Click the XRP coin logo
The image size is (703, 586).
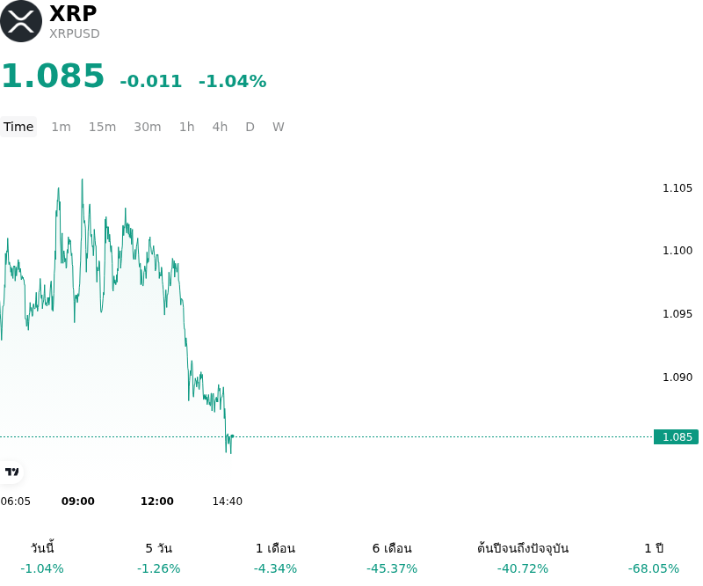pyautogui.click(x=21, y=21)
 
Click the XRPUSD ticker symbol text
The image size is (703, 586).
pyautogui.click(x=75, y=33)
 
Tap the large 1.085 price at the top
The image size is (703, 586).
pyautogui.click(x=53, y=76)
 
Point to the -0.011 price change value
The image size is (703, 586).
pyautogui.click(x=150, y=81)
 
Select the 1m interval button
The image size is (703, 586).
pyautogui.click(x=61, y=127)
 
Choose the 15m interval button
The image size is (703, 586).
pyautogui.click(x=102, y=127)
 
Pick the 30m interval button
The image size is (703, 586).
pyautogui.click(x=148, y=127)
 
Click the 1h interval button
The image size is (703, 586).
pyautogui.click(x=187, y=127)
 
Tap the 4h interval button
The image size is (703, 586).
pyautogui.click(x=220, y=127)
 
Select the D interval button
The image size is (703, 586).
pyautogui.click(x=250, y=127)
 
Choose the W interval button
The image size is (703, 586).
pyautogui.click(x=279, y=127)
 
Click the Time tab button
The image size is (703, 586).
pyautogui.click(x=18, y=127)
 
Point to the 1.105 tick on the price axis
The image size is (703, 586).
pyautogui.click(x=678, y=187)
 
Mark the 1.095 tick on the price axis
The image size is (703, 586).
pyautogui.click(x=678, y=313)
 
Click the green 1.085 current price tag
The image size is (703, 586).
pyautogui.click(x=676, y=436)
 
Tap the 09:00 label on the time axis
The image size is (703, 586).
pyautogui.click(x=78, y=502)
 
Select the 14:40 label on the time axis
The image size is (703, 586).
pyautogui.click(x=228, y=502)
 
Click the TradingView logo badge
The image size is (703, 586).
pyautogui.click(x=11, y=472)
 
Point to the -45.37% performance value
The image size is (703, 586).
pyautogui.click(x=392, y=568)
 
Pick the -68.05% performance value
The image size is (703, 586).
pyautogui.click(x=654, y=568)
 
